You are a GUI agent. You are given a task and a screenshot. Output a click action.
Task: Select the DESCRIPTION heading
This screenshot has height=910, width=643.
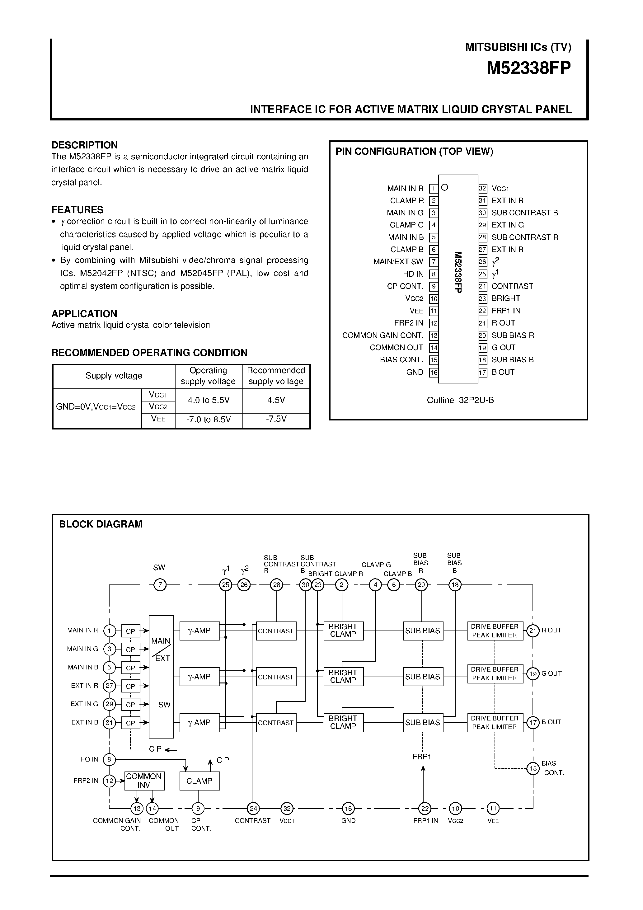click(84, 145)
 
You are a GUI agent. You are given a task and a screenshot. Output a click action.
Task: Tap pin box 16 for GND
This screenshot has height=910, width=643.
click(434, 373)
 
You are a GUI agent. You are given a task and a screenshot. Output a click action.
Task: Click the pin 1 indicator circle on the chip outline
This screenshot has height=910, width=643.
click(445, 187)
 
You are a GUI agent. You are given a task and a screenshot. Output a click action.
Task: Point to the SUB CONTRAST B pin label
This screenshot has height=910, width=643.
click(524, 213)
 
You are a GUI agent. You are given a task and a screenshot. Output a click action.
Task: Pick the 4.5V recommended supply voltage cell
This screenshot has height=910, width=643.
click(276, 400)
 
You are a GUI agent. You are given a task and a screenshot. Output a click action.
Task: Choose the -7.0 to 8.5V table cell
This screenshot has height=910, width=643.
click(209, 419)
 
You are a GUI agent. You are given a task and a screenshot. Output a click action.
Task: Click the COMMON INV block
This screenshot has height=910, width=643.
click(144, 781)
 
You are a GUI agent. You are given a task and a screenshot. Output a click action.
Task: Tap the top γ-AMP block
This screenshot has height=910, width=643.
click(199, 631)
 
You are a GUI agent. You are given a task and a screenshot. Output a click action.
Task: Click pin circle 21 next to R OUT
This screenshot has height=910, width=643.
click(533, 631)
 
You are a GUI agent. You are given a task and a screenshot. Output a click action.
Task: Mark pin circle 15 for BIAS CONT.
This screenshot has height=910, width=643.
click(533, 768)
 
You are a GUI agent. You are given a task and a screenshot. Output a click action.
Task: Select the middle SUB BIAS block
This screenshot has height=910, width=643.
click(423, 677)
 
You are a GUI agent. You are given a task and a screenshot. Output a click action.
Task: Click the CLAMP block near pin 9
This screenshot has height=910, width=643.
click(199, 781)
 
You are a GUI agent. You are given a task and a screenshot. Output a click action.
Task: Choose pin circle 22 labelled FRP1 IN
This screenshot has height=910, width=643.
click(425, 808)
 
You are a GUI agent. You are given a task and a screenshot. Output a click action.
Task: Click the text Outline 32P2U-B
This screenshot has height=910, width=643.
click(460, 400)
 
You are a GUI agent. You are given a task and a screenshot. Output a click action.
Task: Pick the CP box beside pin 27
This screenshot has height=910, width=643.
click(130, 686)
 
